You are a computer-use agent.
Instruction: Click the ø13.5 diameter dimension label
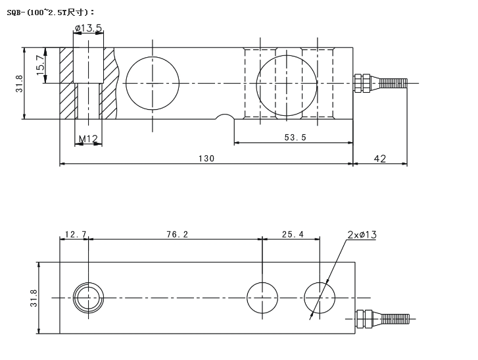tap(88, 28)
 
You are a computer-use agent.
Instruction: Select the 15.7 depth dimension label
tap(40, 64)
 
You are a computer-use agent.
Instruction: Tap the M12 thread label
tap(88, 138)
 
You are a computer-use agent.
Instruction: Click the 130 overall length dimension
tap(205, 159)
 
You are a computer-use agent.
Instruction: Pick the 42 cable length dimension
tap(379, 159)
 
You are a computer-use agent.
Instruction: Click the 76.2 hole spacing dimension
tap(176, 234)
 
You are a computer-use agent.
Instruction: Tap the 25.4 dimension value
tap(292, 234)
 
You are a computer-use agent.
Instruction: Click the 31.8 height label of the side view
tap(20, 83)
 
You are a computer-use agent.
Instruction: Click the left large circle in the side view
tap(153, 83)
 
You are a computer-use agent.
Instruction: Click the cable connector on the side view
tap(380, 83)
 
